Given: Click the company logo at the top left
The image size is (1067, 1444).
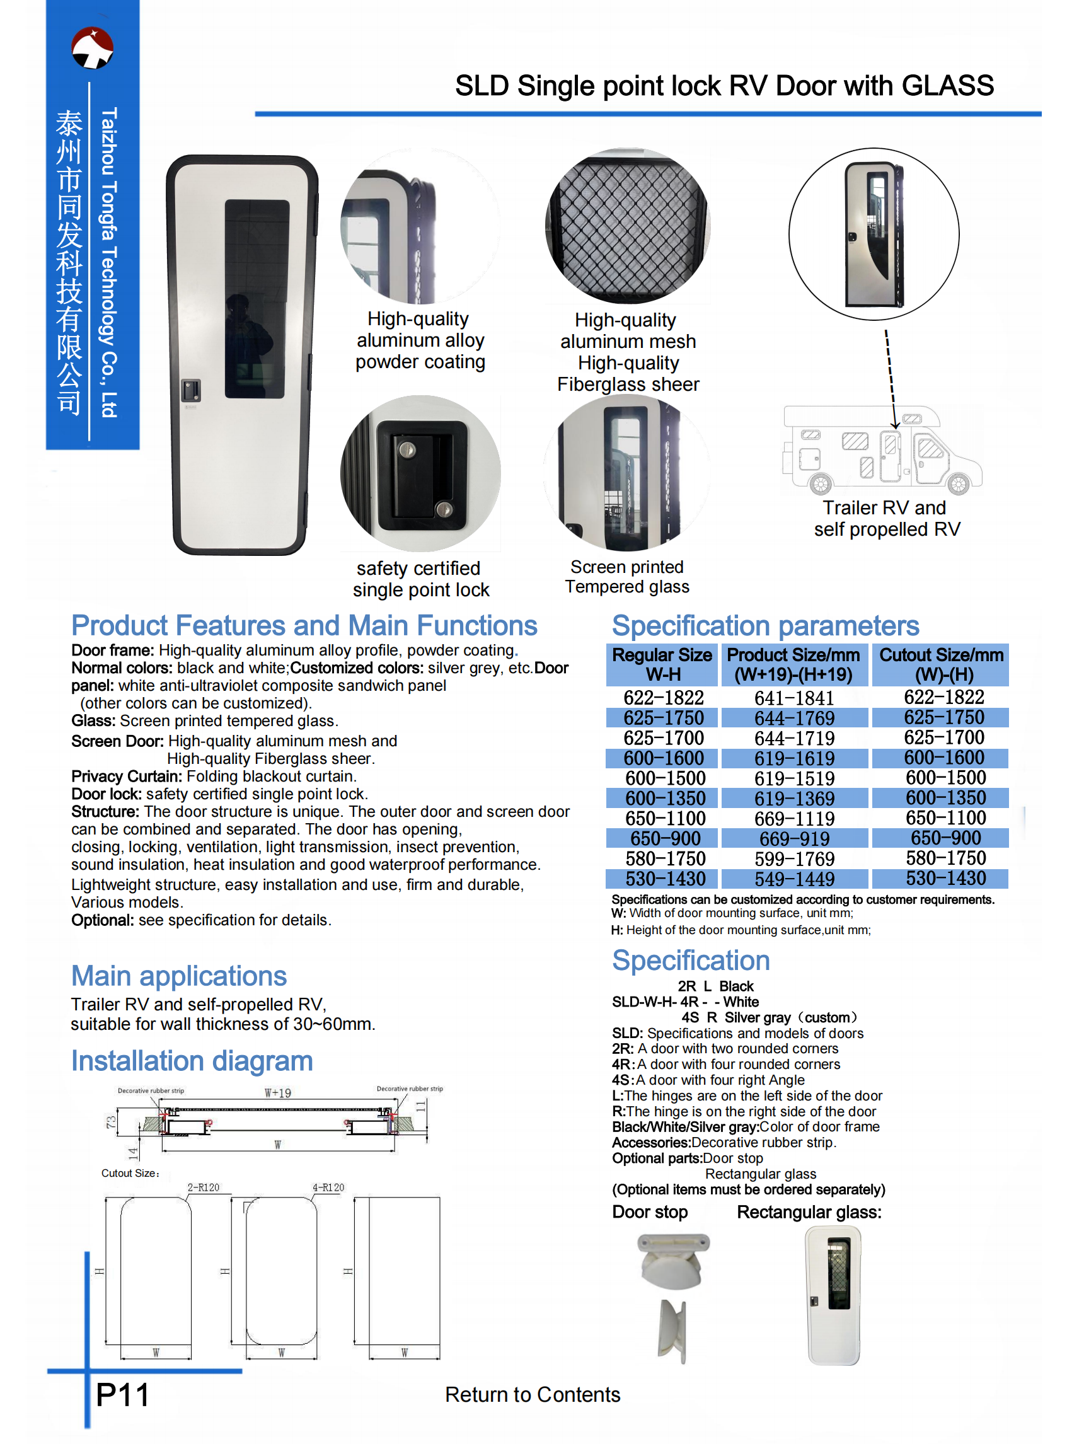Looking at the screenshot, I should coord(93,48).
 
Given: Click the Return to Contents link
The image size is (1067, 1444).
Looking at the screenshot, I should coord(532,1394).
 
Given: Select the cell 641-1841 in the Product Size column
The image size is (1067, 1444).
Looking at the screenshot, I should coord(794,698).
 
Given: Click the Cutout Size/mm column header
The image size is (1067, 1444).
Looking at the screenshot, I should coord(940,664).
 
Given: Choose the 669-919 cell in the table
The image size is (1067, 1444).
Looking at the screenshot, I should coord(794,838).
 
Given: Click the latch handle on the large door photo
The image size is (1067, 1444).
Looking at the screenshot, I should coord(190,391).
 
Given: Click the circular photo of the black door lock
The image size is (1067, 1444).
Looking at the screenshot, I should coord(420,473).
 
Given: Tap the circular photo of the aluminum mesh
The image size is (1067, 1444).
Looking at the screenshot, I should coord(627,226).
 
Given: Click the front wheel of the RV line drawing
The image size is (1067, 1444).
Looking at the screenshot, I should coord(958,483).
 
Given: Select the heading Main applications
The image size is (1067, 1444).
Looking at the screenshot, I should coord(179,976).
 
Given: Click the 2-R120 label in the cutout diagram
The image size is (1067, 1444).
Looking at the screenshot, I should coord(204,1187).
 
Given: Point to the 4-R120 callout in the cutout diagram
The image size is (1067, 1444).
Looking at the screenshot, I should coord(328,1187).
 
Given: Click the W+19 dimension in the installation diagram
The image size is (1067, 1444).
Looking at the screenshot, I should coord(278,1093).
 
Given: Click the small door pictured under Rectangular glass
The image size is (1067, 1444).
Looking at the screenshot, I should coord(834,1294).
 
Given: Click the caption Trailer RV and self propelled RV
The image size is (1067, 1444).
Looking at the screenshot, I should coord(886,518).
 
